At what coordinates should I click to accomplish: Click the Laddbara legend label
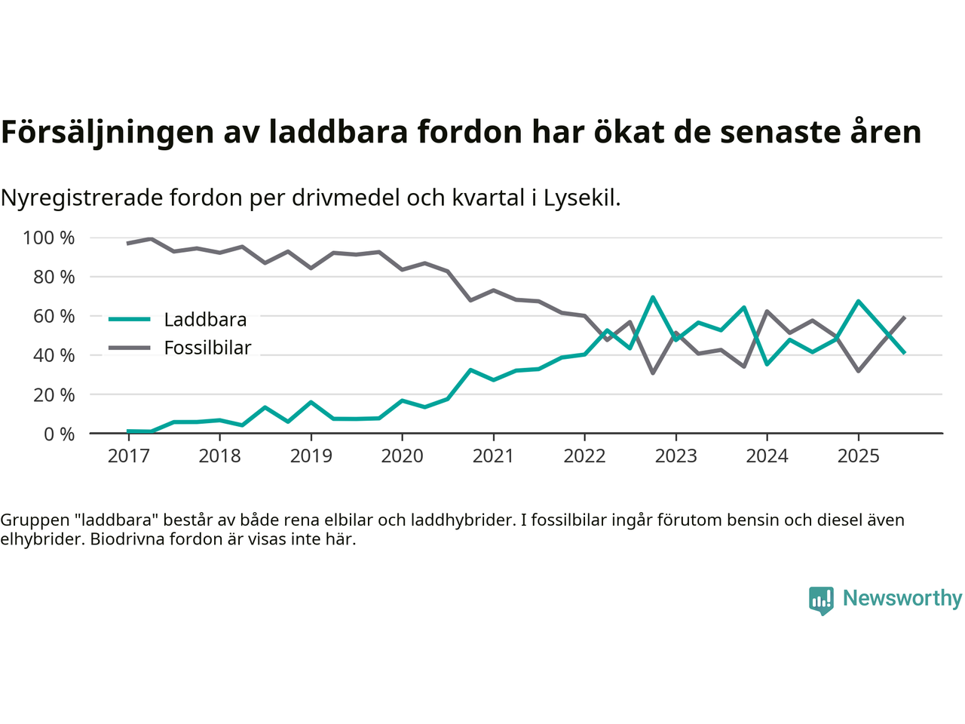(205, 320)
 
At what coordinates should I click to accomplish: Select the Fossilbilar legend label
(207, 348)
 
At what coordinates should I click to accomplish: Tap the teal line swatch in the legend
(130, 320)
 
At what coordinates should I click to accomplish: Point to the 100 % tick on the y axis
(49, 238)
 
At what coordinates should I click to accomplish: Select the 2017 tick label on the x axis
(128, 456)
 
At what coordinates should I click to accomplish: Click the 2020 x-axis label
(402, 456)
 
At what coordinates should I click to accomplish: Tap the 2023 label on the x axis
(675, 456)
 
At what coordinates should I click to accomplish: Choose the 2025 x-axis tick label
(858, 456)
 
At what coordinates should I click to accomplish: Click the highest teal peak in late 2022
(653, 297)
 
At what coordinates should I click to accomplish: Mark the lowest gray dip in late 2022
(653, 373)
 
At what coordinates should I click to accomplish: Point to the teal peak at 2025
(858, 302)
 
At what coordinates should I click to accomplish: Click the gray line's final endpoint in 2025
(904, 318)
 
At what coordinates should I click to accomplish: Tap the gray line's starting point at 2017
(128, 244)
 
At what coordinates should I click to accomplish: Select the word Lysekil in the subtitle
(582, 198)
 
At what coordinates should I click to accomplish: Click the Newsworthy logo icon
(821, 600)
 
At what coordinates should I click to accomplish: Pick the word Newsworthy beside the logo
(902, 598)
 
